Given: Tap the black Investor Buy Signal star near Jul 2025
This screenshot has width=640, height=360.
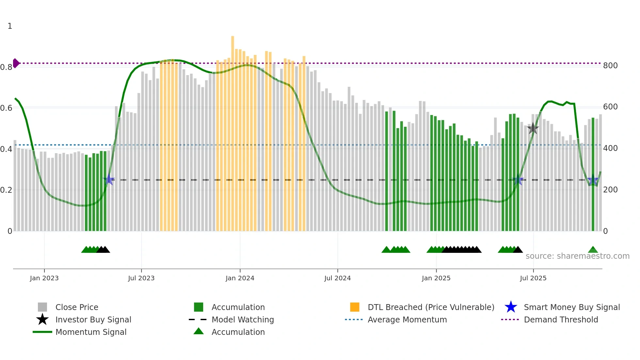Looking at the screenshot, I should point(533,128).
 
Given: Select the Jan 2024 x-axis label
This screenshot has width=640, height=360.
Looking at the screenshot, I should point(240,278).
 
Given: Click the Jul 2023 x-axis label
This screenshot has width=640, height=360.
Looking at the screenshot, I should point(141,278).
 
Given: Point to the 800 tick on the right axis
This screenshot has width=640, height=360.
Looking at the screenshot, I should point(610,66).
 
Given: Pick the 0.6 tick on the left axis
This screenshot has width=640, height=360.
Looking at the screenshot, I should point(6,108).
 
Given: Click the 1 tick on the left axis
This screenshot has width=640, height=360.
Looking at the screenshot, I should point(10,26).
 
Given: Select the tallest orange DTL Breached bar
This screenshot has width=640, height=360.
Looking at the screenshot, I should point(232,131).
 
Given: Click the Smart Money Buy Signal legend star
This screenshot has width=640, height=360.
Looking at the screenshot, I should point(511,307).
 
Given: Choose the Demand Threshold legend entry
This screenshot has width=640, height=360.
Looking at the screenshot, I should point(561,319).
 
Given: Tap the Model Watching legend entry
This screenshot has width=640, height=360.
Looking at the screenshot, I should point(242,319).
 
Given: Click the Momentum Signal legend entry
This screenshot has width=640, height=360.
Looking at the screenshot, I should point(91,332).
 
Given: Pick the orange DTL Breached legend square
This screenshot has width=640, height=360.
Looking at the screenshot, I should point(355,307).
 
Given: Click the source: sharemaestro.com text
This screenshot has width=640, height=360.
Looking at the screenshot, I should point(577,256).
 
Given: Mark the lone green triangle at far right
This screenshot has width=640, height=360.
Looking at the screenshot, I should point(593,250).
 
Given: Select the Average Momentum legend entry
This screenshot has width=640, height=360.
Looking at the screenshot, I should point(407,319).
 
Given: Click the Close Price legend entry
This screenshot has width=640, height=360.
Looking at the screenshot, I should point(76,307).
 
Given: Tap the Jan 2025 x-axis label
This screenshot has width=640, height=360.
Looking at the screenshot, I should point(436,278).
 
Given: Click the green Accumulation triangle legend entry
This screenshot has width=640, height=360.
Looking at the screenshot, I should point(238,332).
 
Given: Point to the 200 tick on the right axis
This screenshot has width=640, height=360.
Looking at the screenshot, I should point(610,190).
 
